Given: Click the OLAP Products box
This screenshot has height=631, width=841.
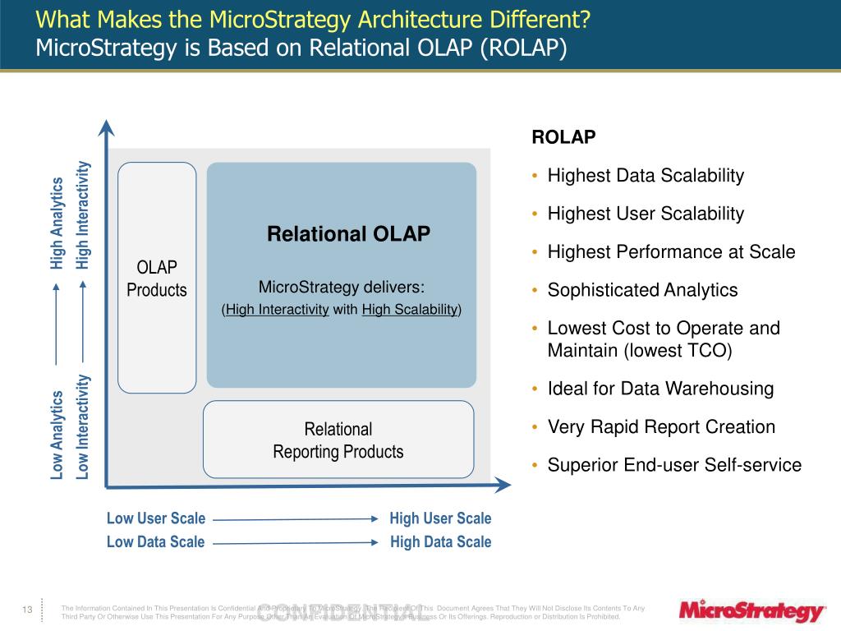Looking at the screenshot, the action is tap(157, 278).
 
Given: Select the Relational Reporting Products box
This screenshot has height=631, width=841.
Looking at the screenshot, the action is tap(338, 440).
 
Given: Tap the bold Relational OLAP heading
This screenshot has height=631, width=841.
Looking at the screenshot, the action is tap(348, 234).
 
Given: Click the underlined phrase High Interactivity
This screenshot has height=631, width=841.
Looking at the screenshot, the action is tap(278, 310).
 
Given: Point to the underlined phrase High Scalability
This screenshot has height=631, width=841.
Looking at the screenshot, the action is tap(410, 310).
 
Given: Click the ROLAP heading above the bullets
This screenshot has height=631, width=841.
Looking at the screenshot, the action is tap(563, 137).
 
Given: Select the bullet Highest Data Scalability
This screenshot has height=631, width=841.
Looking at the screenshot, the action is tap(646, 176).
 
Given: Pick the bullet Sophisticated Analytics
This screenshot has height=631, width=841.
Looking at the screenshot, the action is tap(642, 290).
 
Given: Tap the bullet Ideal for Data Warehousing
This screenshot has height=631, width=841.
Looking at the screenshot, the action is tap(660, 389).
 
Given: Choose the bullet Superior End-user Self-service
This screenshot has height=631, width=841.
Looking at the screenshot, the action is tap(674, 465).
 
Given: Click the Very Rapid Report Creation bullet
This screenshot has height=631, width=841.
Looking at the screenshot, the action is tap(661, 427).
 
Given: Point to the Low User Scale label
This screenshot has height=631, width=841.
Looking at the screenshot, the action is tap(156, 518).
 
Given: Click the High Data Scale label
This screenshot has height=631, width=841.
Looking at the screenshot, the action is tap(440, 542).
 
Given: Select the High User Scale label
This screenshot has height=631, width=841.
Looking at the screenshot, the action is tap(440, 518).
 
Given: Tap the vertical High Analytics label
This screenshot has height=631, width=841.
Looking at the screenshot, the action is tap(57, 223).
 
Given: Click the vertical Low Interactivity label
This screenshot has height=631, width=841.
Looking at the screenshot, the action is tap(83, 427).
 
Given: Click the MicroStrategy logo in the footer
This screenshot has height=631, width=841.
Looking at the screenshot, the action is tap(751, 612).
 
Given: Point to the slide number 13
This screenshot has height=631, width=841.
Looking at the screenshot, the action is tap(26, 610).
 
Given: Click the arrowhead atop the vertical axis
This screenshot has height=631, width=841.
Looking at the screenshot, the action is tap(106, 127).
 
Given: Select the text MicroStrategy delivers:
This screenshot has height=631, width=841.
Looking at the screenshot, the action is tap(342, 287).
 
